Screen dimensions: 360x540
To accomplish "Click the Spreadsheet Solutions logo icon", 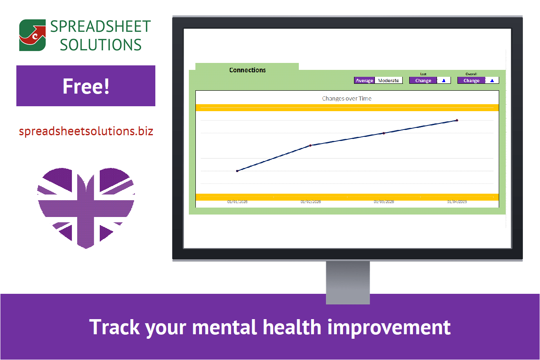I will point(33,35).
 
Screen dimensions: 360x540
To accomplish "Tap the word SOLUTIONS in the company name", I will point(101,45).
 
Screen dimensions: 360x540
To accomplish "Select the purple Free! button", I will point(86,86).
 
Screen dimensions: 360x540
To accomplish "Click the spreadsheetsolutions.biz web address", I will point(86,131).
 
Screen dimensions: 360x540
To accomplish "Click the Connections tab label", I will point(247,70).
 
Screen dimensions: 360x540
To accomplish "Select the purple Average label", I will point(364,80).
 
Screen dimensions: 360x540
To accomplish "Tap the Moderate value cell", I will point(388,80).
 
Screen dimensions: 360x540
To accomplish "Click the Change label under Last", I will point(423,80).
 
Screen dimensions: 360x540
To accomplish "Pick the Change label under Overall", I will point(471,80).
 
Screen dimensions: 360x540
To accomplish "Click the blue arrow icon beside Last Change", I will point(444,80).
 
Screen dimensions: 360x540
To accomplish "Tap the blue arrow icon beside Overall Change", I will point(492,80).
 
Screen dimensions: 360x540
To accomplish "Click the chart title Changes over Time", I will point(347,98).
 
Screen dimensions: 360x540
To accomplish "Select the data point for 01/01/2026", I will point(237,171).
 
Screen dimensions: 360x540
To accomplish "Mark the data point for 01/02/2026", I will point(310,145).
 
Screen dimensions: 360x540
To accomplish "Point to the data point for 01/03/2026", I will point(383,133).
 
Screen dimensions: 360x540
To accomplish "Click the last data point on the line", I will point(457,120).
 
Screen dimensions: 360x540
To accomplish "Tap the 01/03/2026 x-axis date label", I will point(384,202).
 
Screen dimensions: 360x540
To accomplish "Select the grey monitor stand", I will point(347,282).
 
